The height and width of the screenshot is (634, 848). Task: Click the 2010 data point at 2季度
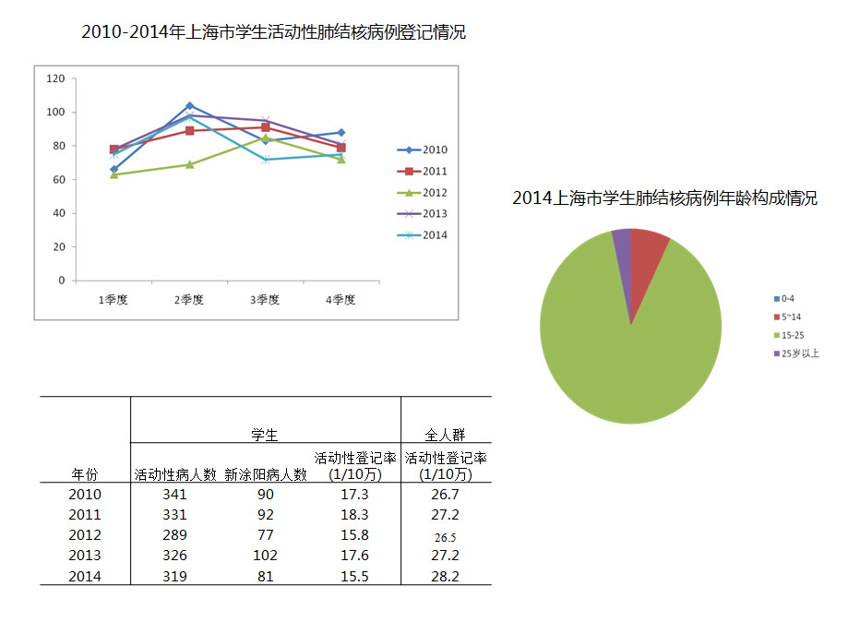tap(189, 105)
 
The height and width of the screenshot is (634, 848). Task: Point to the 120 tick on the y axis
tap(56, 79)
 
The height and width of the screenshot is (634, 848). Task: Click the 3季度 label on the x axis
tap(265, 300)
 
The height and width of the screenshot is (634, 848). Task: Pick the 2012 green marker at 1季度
tap(113, 174)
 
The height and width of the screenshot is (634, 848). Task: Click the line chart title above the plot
tap(273, 32)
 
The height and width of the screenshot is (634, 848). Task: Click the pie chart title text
tap(664, 198)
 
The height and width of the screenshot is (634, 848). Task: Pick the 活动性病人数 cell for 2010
tap(173, 495)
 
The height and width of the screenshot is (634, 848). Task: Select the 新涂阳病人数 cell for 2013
tap(265, 556)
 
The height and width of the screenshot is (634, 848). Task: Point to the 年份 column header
tap(84, 474)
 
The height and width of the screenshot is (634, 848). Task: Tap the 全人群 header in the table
tap(445, 434)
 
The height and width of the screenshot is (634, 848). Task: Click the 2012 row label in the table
tap(84, 535)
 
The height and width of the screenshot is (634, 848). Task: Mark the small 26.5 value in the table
tap(446, 536)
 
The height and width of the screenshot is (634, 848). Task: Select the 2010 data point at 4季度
tap(340, 133)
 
